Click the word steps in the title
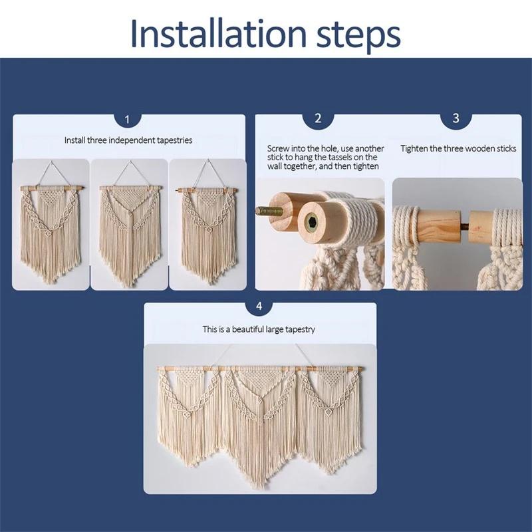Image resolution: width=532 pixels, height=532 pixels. (358, 37)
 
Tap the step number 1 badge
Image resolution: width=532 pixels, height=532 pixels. (128, 120)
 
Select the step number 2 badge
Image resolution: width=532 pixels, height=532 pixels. (318, 119)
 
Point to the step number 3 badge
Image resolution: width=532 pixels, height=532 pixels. (456, 119)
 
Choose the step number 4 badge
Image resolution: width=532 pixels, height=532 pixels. (259, 307)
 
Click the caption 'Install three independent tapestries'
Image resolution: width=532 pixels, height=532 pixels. (128, 140)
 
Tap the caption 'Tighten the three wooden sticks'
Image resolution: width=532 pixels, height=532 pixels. (458, 148)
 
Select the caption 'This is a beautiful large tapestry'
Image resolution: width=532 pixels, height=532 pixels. (259, 329)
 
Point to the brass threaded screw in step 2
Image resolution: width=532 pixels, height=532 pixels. (269, 211)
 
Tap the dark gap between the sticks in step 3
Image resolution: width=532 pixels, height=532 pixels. (465, 226)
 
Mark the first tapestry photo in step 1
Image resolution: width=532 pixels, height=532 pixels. (51, 224)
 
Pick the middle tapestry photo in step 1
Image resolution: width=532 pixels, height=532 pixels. (129, 224)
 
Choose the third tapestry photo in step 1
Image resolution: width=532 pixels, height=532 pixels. (207, 224)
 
